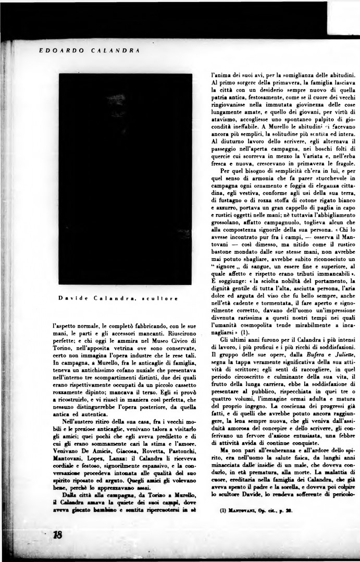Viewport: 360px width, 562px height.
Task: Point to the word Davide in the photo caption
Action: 69,298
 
